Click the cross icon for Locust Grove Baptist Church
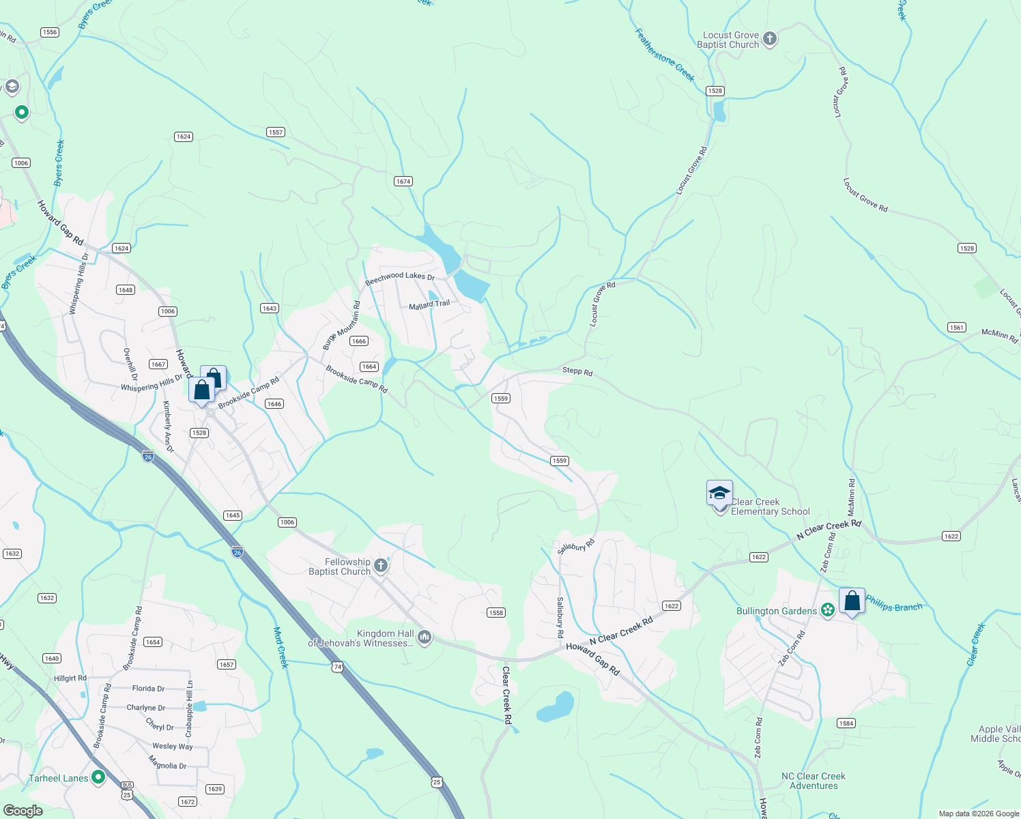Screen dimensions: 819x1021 point(770,39)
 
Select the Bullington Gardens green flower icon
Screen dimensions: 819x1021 point(828,610)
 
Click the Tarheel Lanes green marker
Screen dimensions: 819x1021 point(98,777)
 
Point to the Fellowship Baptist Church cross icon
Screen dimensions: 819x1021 point(381,565)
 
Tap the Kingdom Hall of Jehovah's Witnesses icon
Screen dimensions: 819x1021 point(425,637)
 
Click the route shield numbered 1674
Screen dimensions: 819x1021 point(403,182)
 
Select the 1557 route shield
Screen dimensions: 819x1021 point(276,132)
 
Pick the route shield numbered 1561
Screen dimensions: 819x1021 point(957,328)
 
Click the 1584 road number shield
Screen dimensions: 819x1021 point(846,723)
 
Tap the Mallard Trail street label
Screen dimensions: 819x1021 point(429,305)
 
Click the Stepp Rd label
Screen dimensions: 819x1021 point(577,371)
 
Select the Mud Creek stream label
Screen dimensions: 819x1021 point(281,647)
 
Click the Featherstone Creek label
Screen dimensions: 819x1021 point(664,55)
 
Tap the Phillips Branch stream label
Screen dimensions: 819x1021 point(894,603)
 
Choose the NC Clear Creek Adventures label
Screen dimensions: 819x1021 point(814,781)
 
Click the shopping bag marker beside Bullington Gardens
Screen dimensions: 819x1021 point(852,602)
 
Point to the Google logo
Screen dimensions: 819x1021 point(23,811)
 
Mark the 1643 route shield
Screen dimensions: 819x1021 point(270,308)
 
